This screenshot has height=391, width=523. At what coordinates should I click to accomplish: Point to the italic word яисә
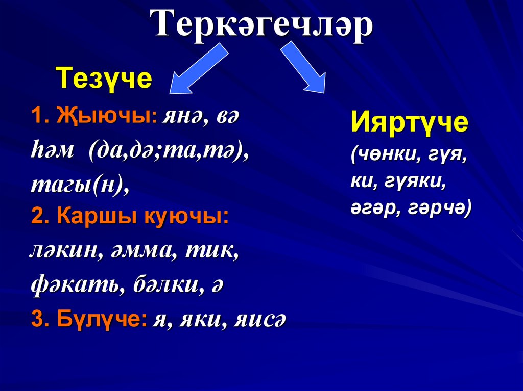point(260,320)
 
